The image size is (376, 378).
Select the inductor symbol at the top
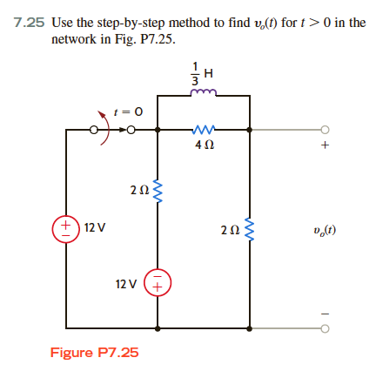[203, 93]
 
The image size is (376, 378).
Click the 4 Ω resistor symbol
[203, 132]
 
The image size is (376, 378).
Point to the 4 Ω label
[203, 147]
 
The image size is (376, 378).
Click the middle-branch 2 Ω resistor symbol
[158, 188]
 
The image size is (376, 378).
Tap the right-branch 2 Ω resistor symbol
[250, 231]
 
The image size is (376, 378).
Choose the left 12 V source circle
[66, 228]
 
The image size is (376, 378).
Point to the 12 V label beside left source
[95, 228]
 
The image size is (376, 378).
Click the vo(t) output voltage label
[324, 231]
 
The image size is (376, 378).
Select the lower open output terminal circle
[326, 329]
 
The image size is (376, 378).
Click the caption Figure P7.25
[95, 354]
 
